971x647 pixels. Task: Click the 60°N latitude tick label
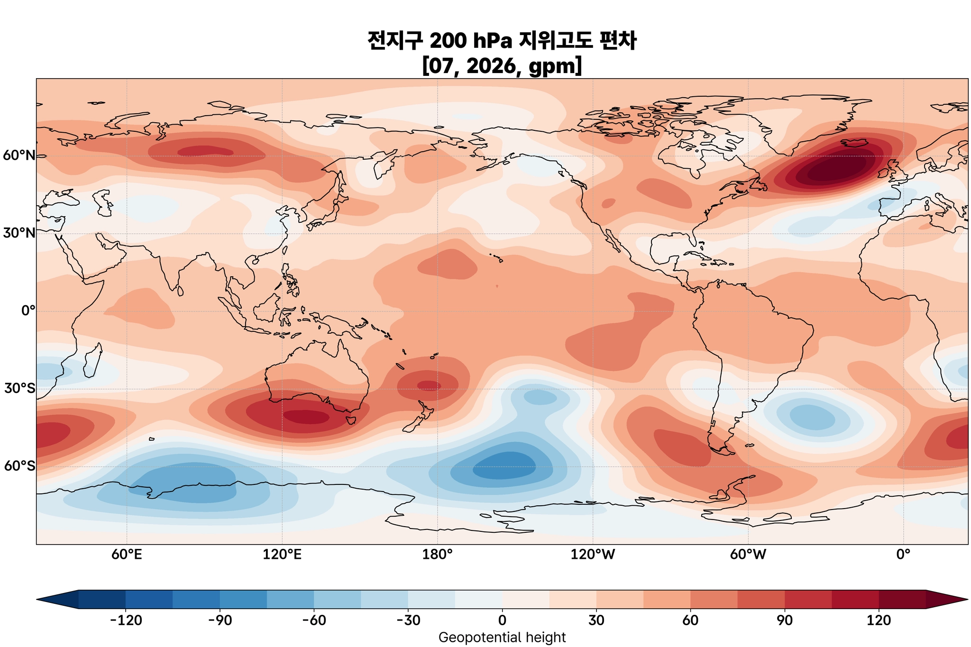(x=19, y=155)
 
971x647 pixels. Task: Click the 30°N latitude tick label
(x=19, y=233)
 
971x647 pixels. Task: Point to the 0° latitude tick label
(x=28, y=311)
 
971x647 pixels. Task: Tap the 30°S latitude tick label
(x=19, y=389)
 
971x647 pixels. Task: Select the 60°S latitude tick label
(x=19, y=466)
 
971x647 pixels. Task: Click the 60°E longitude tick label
(x=127, y=554)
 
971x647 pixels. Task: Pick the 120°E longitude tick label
(x=282, y=554)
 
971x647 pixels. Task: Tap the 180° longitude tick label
(x=437, y=554)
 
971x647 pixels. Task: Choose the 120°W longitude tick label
(x=593, y=554)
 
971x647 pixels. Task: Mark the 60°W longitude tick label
(x=748, y=554)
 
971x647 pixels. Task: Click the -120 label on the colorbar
(x=126, y=620)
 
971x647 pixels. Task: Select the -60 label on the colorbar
(x=314, y=620)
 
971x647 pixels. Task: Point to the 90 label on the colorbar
(x=785, y=620)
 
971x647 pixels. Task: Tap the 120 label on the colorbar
(x=879, y=620)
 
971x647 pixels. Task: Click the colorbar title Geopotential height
(x=502, y=638)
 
